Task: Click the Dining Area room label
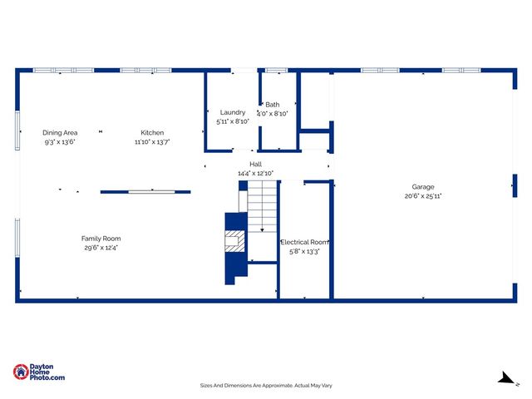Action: point(60,133)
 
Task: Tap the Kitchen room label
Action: point(152,133)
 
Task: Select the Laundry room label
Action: point(233,112)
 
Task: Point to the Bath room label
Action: point(273,105)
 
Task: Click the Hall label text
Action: point(256,165)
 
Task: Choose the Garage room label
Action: point(422,187)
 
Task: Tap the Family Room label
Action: point(101,239)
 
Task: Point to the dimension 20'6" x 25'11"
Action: point(422,197)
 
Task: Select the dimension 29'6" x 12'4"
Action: point(101,248)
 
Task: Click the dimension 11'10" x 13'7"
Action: point(152,142)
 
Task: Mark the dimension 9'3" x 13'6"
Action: point(60,142)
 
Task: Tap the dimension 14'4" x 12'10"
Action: point(256,174)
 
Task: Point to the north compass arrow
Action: point(505,378)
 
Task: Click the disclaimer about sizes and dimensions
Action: point(266,385)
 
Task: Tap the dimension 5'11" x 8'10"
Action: point(233,121)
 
